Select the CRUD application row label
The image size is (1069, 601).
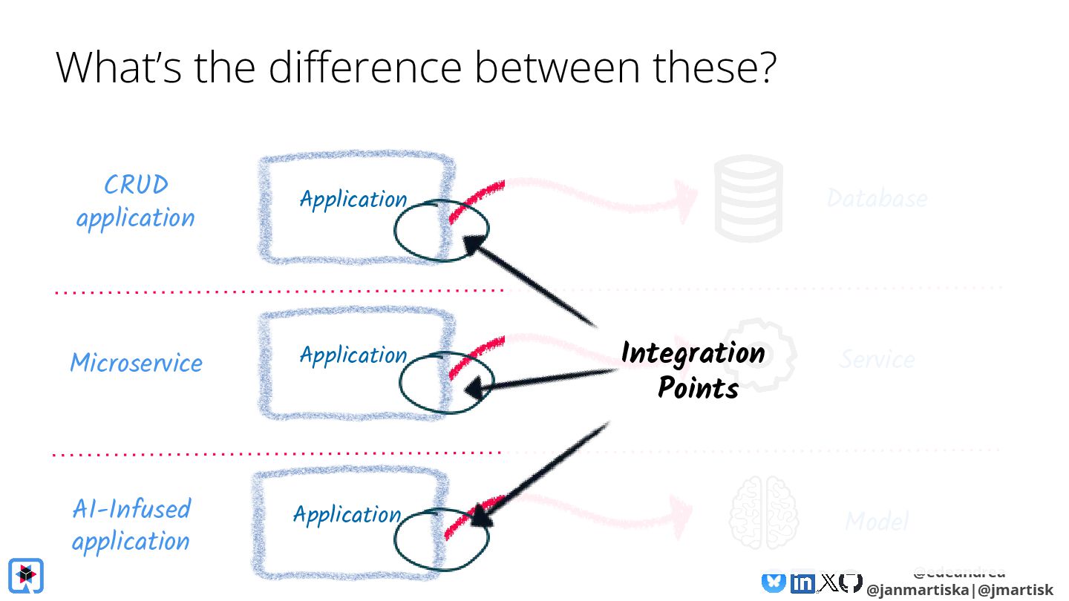click(x=136, y=201)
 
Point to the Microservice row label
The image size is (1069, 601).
click(x=136, y=363)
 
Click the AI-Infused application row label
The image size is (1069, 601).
click(x=131, y=525)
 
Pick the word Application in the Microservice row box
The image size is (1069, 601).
click(x=353, y=355)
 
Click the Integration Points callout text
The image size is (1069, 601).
click(x=693, y=370)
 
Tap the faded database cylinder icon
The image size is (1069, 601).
click(x=748, y=198)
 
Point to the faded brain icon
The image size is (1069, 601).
click(x=763, y=512)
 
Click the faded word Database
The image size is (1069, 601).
click(x=877, y=198)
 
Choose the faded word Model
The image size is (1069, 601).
click(x=877, y=522)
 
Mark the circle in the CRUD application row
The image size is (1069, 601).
click(x=439, y=230)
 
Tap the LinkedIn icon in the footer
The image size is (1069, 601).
click(x=802, y=583)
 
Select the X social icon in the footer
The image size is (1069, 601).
click(x=828, y=583)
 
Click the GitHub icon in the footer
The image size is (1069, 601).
click(x=851, y=583)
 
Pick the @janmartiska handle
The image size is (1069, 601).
click(x=918, y=590)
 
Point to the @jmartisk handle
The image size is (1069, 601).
click(x=1015, y=590)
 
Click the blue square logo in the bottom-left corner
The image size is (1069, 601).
click(x=26, y=575)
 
